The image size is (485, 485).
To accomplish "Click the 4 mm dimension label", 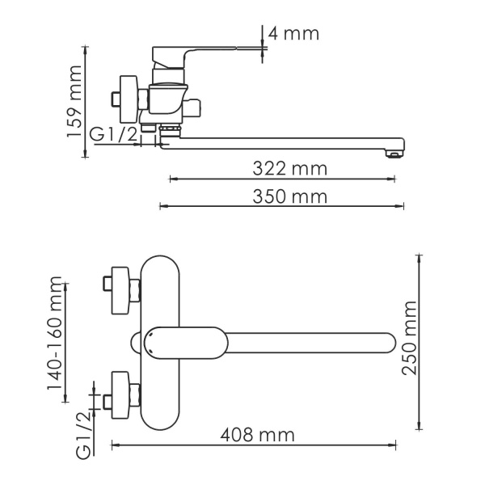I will click(295, 34).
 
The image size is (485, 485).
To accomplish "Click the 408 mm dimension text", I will click(256, 435).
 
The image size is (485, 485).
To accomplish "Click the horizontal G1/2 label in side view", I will click(112, 135).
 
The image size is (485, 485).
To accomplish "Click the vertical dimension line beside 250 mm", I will click(419, 343).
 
